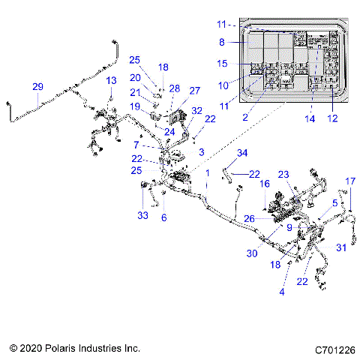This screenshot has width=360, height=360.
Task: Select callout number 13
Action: tap(111, 80)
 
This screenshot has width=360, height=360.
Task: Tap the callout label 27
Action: tap(194, 91)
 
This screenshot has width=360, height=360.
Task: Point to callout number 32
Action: tap(196, 109)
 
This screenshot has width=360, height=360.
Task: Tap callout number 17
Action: tap(349, 181)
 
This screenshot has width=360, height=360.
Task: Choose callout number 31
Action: tap(340, 248)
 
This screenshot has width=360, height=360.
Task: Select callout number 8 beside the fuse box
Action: tap(221, 42)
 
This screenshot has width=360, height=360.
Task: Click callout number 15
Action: tap(222, 63)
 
